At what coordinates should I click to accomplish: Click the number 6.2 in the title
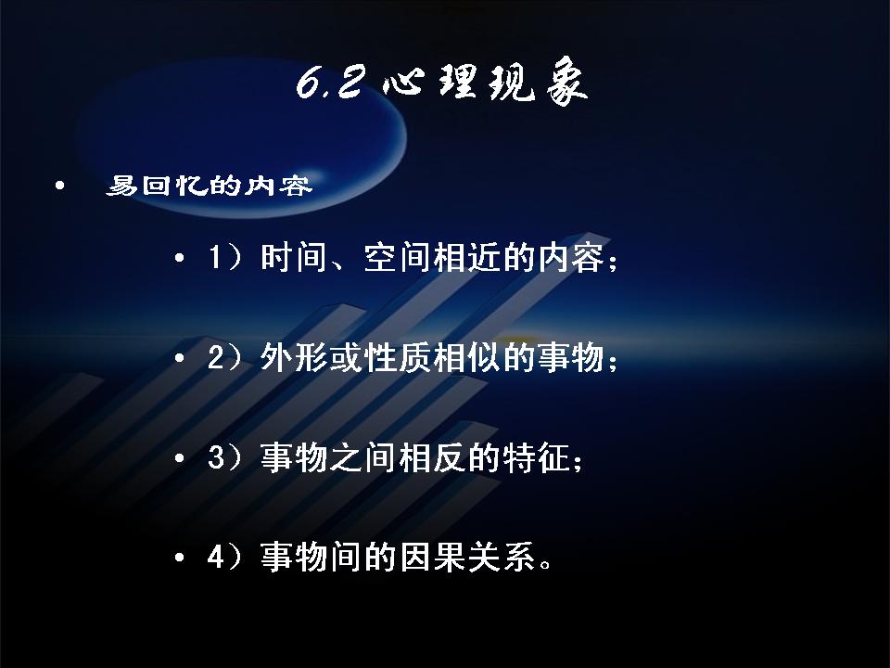click(x=329, y=83)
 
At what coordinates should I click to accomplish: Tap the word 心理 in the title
click(x=428, y=83)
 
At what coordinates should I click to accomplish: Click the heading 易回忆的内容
click(x=210, y=186)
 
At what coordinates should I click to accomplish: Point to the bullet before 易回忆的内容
click(x=59, y=186)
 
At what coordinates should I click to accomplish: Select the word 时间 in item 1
click(x=294, y=257)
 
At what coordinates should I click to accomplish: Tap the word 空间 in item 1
click(x=398, y=257)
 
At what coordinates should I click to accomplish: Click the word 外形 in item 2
click(x=294, y=358)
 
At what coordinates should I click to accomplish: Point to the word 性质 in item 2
click(x=398, y=358)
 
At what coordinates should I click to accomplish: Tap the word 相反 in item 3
click(x=433, y=457)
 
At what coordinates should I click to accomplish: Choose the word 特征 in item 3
click(x=537, y=457)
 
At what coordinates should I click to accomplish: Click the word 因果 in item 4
click(x=433, y=558)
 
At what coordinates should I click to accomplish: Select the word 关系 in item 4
click(x=502, y=558)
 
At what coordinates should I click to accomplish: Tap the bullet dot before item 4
click(x=179, y=558)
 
